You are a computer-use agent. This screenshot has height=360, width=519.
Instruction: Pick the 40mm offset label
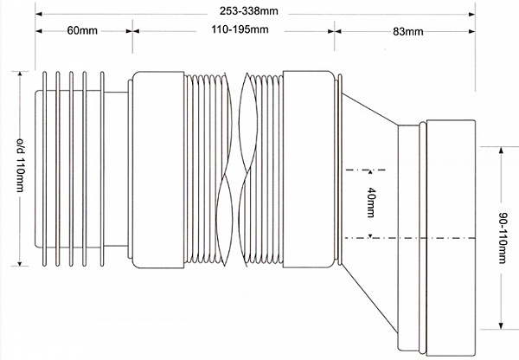370,202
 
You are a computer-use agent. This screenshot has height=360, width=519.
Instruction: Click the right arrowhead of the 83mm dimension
474,31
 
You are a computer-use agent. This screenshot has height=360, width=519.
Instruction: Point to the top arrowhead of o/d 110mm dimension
20,76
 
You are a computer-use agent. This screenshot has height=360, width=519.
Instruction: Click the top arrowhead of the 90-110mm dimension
500,149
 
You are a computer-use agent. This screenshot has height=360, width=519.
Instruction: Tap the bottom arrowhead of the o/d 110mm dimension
20,264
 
